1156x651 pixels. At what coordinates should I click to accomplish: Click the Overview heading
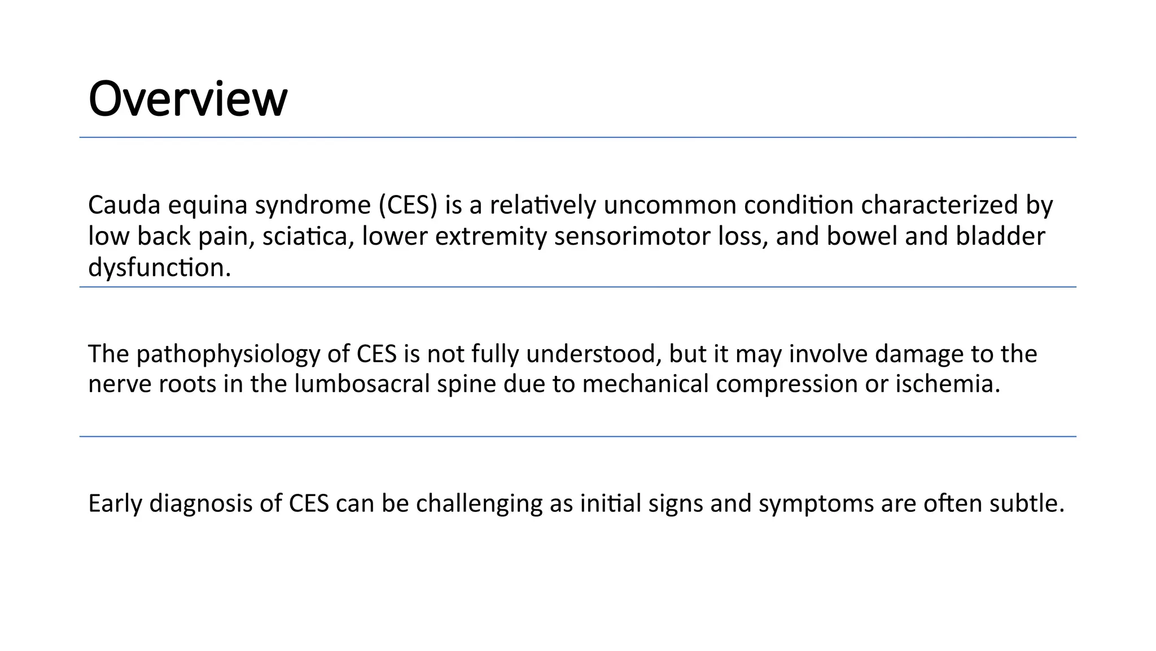coord(188,99)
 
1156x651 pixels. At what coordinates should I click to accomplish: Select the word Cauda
coord(124,205)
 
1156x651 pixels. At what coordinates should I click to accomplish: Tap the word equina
coord(208,205)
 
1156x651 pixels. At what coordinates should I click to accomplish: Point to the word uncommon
coord(669,205)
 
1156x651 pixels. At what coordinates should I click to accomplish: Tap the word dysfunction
coord(159,267)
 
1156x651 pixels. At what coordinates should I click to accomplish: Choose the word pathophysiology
coord(229,354)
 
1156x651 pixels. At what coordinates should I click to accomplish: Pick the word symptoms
coord(816,504)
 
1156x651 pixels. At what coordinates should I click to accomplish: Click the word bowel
coord(862,236)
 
